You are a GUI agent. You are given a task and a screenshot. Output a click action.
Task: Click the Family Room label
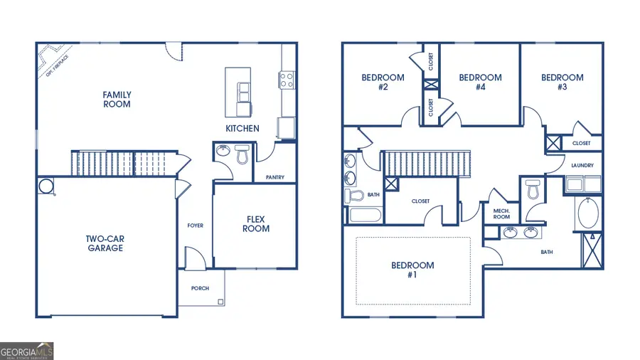117,100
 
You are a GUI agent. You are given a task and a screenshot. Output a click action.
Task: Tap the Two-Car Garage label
105,243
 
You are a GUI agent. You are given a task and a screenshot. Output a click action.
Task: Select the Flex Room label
257,224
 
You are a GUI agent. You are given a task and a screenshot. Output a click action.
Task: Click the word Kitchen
242,129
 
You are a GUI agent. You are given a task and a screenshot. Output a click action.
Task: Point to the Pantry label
275,177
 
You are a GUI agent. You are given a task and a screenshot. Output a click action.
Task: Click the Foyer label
195,226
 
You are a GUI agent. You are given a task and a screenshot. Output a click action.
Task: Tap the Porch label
201,288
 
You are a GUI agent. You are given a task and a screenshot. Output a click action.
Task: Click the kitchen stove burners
287,80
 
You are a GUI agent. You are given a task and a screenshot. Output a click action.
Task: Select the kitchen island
238,92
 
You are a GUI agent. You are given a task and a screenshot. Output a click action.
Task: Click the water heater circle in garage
46,186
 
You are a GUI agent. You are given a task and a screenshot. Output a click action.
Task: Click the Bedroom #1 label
412,270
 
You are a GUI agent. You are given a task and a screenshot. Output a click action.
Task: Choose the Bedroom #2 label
383,82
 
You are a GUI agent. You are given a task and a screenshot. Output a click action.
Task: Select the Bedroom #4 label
480,82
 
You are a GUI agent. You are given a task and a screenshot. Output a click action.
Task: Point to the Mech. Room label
502,213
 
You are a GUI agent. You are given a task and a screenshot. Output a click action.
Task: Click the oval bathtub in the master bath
589,213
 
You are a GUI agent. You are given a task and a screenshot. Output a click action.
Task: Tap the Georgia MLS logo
27,351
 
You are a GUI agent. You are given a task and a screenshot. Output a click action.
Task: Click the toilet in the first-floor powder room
242,154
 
